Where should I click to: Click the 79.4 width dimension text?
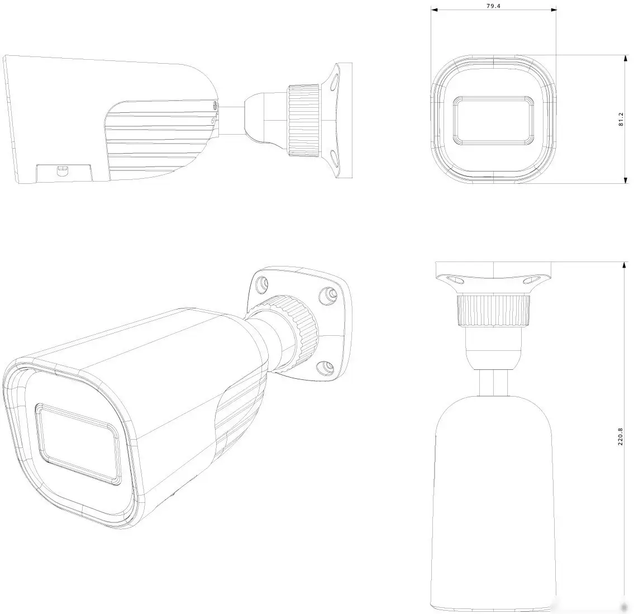point(493,6)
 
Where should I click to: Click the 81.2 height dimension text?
point(621,120)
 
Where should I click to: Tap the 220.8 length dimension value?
point(620,436)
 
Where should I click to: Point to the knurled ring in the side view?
point(304,121)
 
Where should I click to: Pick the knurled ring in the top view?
point(493,311)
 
